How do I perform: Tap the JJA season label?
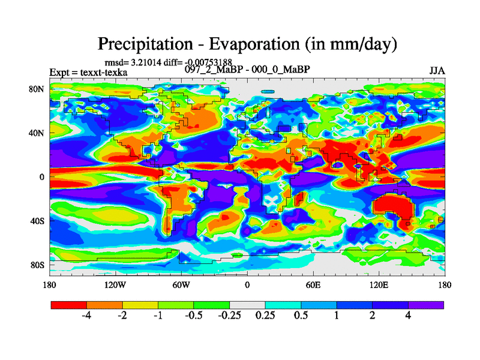point(437,71)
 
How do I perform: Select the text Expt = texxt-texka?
point(88,73)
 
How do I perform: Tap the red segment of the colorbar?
point(69,305)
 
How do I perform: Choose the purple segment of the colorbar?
point(426,305)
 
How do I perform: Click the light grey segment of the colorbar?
point(247,305)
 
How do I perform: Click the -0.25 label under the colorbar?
point(229,316)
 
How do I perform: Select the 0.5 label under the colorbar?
point(301,316)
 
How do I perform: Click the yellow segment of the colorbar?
point(140,305)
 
